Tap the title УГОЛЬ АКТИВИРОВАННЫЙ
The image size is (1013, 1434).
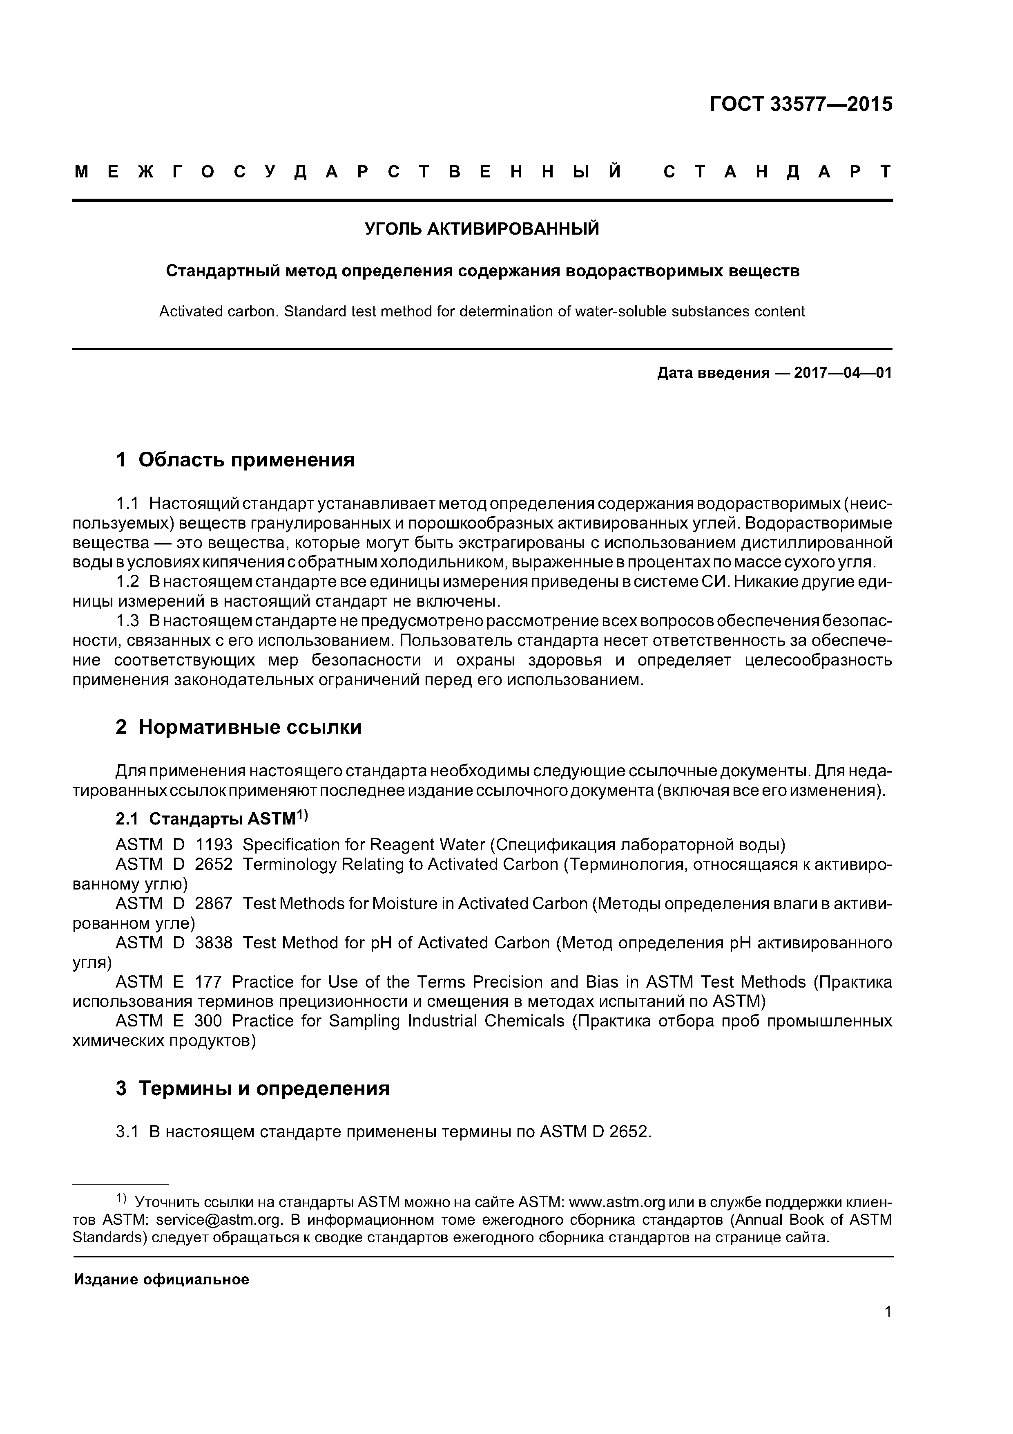(482, 229)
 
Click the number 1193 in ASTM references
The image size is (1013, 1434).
(214, 845)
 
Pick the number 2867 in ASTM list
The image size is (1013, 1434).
(214, 904)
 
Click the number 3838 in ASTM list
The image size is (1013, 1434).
(214, 943)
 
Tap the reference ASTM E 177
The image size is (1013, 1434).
(169, 982)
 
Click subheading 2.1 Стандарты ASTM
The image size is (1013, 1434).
(212, 819)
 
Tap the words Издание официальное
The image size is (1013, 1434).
(162, 1280)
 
